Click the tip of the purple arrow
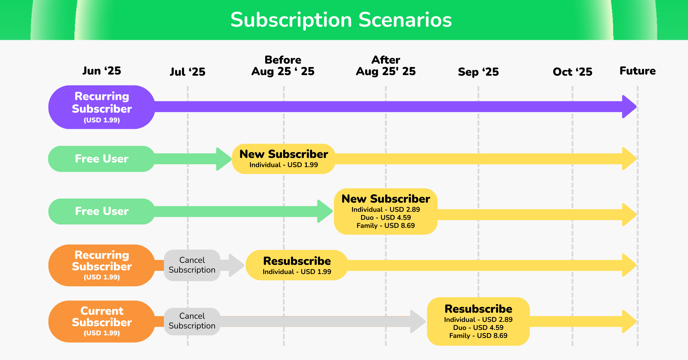636,107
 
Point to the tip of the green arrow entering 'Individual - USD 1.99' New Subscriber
232,159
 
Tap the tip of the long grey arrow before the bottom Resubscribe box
426,321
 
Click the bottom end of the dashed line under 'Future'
638,346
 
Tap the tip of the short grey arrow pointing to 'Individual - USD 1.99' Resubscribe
244,265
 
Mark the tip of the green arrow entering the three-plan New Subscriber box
333,211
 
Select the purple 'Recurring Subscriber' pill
102,107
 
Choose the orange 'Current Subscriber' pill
102,322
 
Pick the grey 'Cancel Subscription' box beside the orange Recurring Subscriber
192,265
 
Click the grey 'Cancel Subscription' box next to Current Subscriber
192,321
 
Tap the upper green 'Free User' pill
102,159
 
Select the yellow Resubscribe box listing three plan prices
478,321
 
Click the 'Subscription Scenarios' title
341,20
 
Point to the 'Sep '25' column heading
478,72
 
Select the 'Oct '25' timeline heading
572,72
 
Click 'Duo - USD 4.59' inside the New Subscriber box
386,218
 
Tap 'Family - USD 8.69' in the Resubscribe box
478,336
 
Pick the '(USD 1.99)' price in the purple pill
102,120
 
